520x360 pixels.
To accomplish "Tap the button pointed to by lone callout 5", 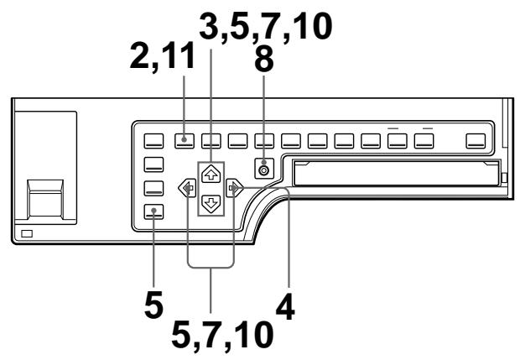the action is click(x=153, y=211).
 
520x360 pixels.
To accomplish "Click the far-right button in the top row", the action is click(x=476, y=140).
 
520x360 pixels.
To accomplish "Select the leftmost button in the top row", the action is click(x=153, y=140).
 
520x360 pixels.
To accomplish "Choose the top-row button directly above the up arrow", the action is click(x=211, y=140).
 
